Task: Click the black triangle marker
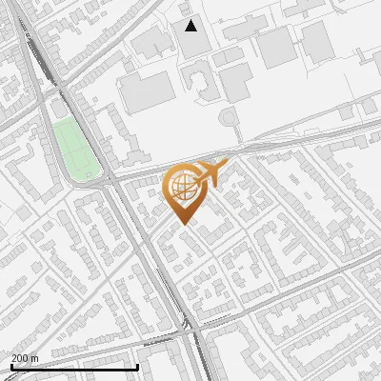(x=191, y=26)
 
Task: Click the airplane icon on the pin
(x=211, y=173)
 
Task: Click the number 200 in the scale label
(x=20, y=358)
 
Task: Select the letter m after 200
(x=35, y=358)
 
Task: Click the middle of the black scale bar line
(x=73, y=367)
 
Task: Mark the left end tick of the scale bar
(x=10, y=365)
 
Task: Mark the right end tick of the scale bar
(x=138, y=365)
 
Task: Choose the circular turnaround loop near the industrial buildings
(x=228, y=119)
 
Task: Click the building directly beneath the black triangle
(x=192, y=48)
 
